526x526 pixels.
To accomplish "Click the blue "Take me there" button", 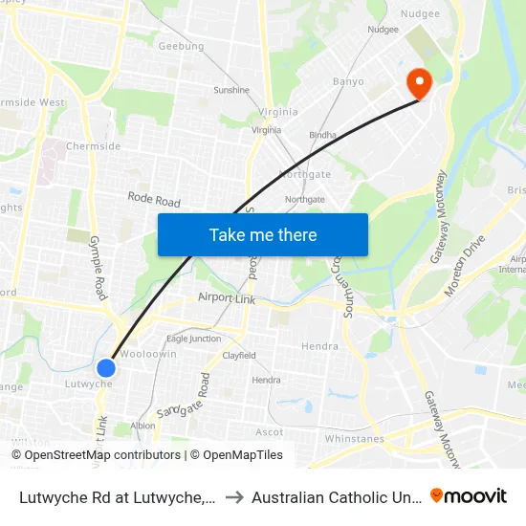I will coord(263,234).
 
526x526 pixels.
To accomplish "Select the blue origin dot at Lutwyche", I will coord(106,367).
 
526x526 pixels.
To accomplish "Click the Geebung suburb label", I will coord(181,46).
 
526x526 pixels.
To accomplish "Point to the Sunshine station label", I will coord(231,91).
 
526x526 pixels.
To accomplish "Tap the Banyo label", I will coord(348,81).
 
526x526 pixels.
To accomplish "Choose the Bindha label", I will coord(322,135).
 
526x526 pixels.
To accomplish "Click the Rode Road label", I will coord(154,200).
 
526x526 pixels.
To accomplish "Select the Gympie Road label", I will coord(97,268).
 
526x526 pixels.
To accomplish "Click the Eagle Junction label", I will coord(193,339).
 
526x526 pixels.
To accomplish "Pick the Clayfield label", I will coord(239,356).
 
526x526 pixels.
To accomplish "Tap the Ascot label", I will coord(270,432).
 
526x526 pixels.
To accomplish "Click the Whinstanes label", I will coord(355,439).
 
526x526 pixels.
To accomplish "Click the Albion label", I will coord(142,426).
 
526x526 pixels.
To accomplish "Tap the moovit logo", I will coord(469,495).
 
